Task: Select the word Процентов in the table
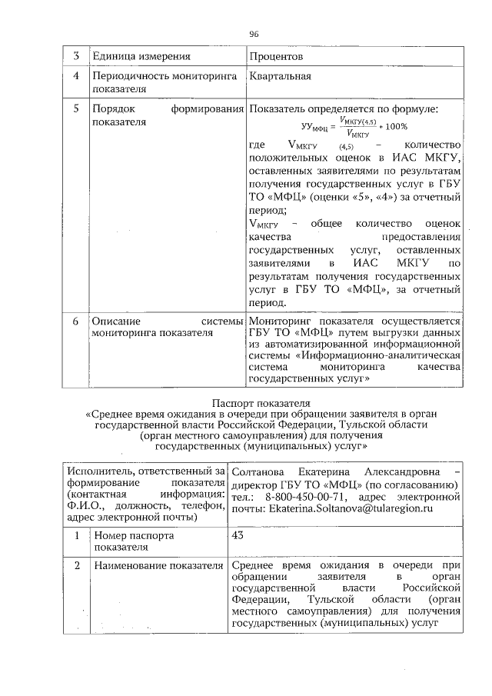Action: (277, 57)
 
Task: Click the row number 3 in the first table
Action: (76, 57)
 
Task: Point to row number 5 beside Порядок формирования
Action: (76, 109)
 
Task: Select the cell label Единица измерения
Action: (141, 57)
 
